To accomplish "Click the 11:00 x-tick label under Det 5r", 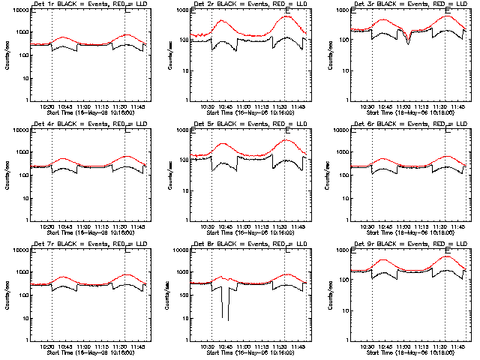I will pos(242,225).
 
